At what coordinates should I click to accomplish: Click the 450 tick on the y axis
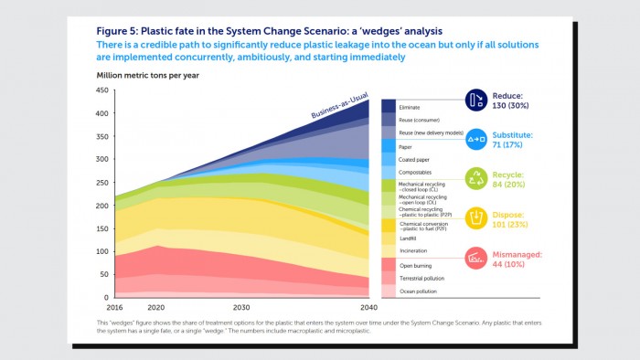click(x=101, y=90)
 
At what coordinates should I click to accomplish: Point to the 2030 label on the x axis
click(x=241, y=308)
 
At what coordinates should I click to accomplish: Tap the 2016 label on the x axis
click(x=114, y=308)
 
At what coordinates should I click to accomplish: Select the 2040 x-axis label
click(x=368, y=308)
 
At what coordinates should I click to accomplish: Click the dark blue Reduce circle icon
click(x=476, y=100)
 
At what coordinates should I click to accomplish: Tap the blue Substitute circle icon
click(x=476, y=139)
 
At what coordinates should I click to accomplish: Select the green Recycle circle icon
click(x=476, y=178)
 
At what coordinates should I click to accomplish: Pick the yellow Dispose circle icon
click(x=476, y=217)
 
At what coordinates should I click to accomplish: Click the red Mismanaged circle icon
click(x=476, y=258)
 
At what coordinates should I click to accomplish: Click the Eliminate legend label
click(x=411, y=108)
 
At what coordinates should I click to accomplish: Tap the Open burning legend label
click(x=416, y=264)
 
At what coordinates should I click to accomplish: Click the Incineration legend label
click(x=415, y=250)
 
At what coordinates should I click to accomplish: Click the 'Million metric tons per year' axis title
click(x=148, y=74)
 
